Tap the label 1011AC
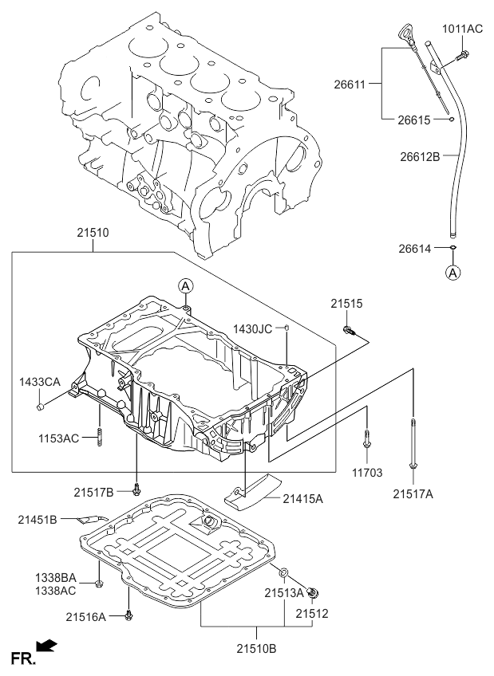[463, 29]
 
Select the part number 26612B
[420, 156]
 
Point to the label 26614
[415, 249]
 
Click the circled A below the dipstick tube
[453, 273]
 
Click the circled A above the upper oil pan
[184, 285]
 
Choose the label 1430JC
[254, 328]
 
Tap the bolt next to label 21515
[348, 329]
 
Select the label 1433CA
[40, 383]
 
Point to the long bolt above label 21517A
[413, 442]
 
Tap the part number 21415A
[303, 498]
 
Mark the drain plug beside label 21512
[314, 592]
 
